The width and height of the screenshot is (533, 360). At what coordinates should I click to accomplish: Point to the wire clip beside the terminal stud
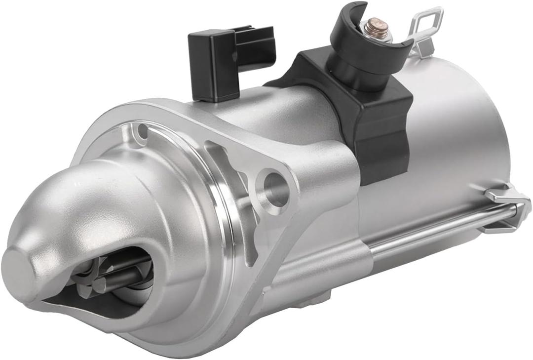423,31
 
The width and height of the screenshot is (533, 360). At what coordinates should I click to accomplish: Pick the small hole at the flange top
143,132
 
